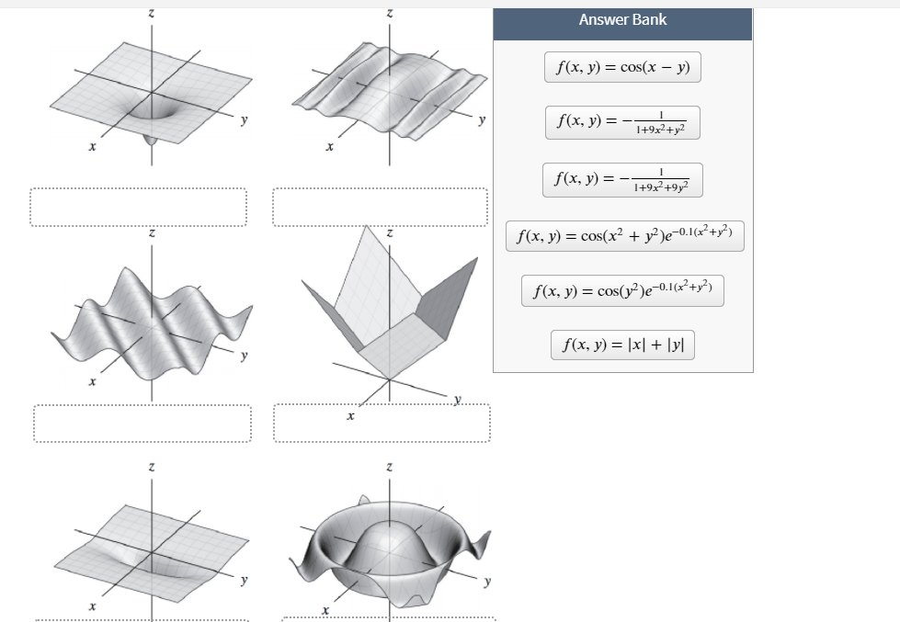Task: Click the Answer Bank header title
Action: click(622, 19)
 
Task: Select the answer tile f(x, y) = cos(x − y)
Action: click(622, 67)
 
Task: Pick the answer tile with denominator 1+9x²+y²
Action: click(622, 122)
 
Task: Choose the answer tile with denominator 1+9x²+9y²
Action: click(622, 179)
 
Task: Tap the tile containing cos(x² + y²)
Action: click(624, 236)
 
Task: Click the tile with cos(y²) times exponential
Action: click(622, 291)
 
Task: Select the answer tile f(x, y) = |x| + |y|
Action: click(622, 345)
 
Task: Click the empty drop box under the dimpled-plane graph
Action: click(138, 207)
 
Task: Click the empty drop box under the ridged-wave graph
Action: click(380, 207)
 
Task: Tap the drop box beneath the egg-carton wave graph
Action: click(142, 424)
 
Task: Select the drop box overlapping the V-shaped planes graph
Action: click(382, 424)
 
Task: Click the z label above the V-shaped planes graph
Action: click(390, 233)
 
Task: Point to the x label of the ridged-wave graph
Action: click(329, 146)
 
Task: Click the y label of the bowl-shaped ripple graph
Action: click(487, 582)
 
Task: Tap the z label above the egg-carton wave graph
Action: click(152, 233)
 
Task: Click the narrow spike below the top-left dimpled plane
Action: click(151, 140)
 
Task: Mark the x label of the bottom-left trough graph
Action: click(93, 606)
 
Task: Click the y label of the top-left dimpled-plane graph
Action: click(245, 120)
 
